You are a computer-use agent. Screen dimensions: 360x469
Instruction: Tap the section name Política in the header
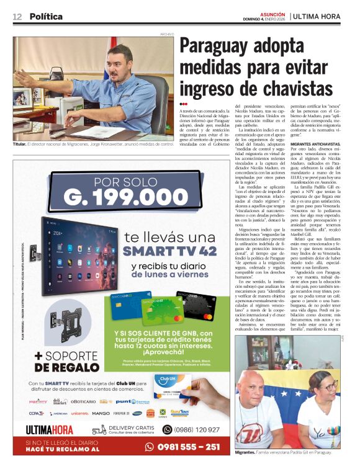click(x=46, y=17)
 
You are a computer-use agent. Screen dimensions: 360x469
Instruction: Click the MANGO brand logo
click(x=101, y=413)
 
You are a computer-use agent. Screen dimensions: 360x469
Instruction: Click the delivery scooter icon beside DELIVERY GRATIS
click(x=99, y=429)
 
